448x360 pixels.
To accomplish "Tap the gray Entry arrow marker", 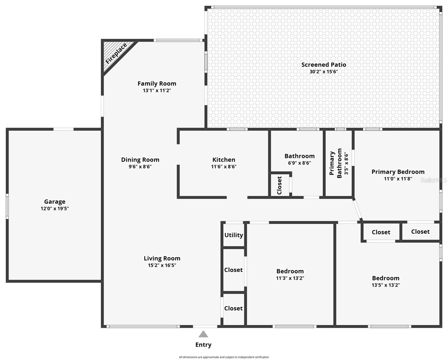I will click(x=203, y=334).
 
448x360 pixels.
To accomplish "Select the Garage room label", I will click(x=55, y=202).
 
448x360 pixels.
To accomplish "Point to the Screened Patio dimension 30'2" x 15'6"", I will click(x=324, y=72).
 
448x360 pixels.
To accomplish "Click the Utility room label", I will click(x=234, y=235).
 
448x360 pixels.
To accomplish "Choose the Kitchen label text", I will click(x=224, y=160).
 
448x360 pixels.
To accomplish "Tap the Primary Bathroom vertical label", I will click(x=335, y=163).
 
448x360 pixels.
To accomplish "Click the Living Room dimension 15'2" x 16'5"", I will click(x=162, y=265).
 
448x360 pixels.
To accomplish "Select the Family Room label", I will click(x=157, y=83).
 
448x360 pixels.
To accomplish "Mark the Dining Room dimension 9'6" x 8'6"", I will click(x=140, y=166).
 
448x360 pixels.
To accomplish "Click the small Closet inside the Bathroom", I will click(x=280, y=185).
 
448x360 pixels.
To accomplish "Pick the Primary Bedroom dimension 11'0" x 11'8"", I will click(x=398, y=179).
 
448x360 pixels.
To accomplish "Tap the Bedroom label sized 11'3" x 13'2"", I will click(x=290, y=271).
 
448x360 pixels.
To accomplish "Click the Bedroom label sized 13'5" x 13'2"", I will click(x=386, y=278).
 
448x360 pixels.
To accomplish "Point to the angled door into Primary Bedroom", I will click(x=358, y=210).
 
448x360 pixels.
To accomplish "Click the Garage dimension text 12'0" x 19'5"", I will click(x=55, y=208).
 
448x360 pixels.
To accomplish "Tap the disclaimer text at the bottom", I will click(x=224, y=357).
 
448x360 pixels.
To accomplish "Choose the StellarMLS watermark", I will click(x=433, y=180).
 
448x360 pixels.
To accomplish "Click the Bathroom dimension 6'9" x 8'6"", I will click(x=299, y=163).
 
